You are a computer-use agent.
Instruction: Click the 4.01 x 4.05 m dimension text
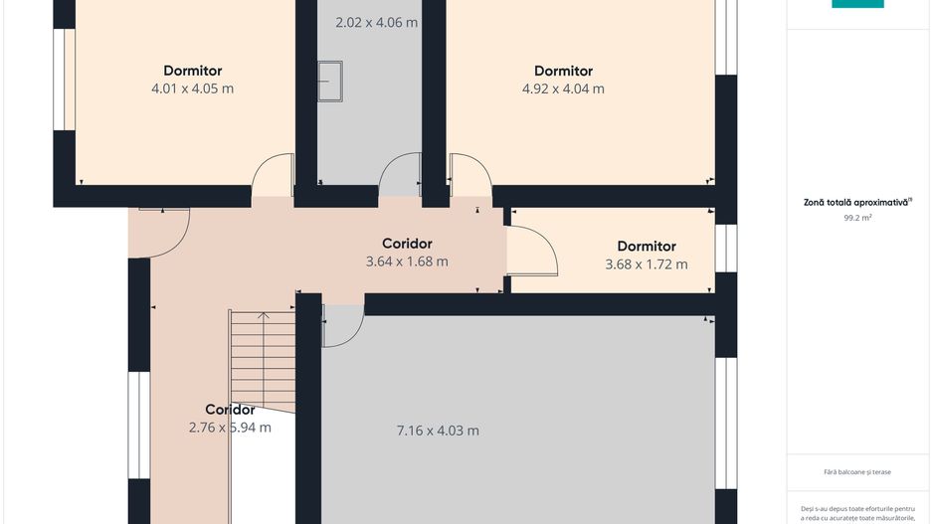[192, 88]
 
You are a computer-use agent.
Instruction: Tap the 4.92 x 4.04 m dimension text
[563, 88]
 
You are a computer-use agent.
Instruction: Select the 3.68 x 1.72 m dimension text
[647, 264]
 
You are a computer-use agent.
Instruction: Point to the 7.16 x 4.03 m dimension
[438, 430]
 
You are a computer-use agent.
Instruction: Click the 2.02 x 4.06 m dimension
[376, 23]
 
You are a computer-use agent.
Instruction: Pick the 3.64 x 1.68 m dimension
[407, 262]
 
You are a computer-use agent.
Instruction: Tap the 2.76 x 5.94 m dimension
[230, 427]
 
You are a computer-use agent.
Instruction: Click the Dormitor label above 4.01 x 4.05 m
[192, 71]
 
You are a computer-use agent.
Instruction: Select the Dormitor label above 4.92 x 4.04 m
[563, 71]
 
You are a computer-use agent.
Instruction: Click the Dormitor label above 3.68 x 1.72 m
[647, 247]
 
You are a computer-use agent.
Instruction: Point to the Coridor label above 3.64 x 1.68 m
[407, 244]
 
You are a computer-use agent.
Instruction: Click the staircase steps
[263, 361]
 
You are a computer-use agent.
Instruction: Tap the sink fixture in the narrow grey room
[329, 82]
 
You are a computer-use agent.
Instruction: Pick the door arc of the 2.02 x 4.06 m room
[389, 161]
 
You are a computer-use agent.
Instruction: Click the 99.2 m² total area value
[857, 218]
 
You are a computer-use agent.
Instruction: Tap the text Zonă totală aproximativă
[856, 202]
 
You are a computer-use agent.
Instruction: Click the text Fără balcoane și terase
[857, 471]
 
